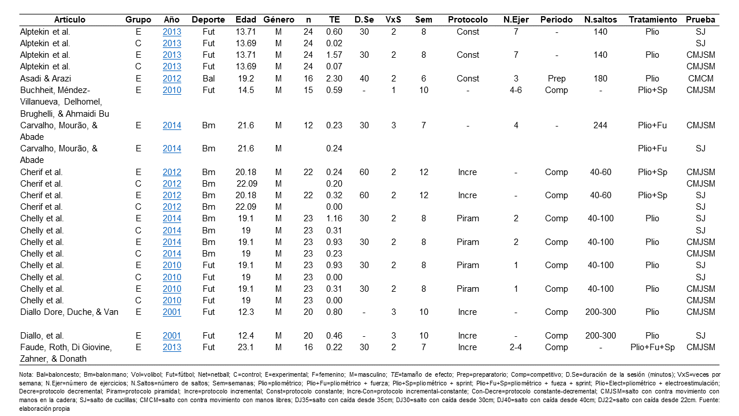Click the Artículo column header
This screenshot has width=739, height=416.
pos(70,20)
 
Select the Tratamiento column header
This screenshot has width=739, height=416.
pos(652,20)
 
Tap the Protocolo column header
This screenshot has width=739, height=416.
pos(468,20)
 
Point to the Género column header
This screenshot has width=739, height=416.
pos(278,20)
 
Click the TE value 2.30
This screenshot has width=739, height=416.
pos(334,79)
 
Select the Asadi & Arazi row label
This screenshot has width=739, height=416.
pos(46,79)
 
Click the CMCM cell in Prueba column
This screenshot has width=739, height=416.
pos(701,79)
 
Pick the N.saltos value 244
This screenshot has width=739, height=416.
pos(600,125)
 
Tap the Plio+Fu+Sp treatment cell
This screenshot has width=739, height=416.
pos(652,347)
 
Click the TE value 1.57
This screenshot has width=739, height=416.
pos(334,55)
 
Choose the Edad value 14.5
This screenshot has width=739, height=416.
pos(246,90)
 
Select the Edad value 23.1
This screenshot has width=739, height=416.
pos(246,347)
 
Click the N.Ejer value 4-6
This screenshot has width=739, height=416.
pos(516,90)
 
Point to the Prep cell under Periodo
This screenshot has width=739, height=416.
pos(557,79)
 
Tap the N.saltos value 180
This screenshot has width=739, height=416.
pos(600,79)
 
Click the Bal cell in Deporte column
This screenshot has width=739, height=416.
pos(208,79)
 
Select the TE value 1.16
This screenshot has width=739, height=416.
pos(334,218)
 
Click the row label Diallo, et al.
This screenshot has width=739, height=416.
pos(42,336)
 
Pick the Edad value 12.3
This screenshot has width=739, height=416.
pos(246,312)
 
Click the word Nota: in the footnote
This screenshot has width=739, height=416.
pos(26,375)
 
